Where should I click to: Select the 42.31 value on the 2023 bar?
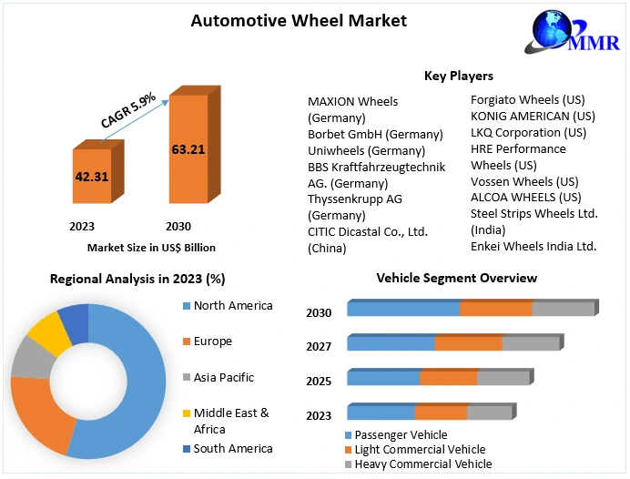point(91,177)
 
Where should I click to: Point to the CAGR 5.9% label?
point(127,107)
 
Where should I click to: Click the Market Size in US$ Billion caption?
point(151,247)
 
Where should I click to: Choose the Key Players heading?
point(459,76)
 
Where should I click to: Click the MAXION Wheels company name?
point(352,101)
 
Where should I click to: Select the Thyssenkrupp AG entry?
point(355,198)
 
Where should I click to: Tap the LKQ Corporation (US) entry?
point(528,132)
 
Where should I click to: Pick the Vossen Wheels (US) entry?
point(524,181)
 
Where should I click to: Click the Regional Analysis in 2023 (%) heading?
point(137,279)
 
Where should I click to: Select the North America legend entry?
point(233,306)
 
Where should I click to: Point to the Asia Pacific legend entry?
point(223,377)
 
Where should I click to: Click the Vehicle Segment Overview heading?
point(456,278)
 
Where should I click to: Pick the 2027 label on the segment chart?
point(319,346)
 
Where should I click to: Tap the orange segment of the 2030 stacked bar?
point(495,308)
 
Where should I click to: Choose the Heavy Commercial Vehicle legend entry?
point(423,464)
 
